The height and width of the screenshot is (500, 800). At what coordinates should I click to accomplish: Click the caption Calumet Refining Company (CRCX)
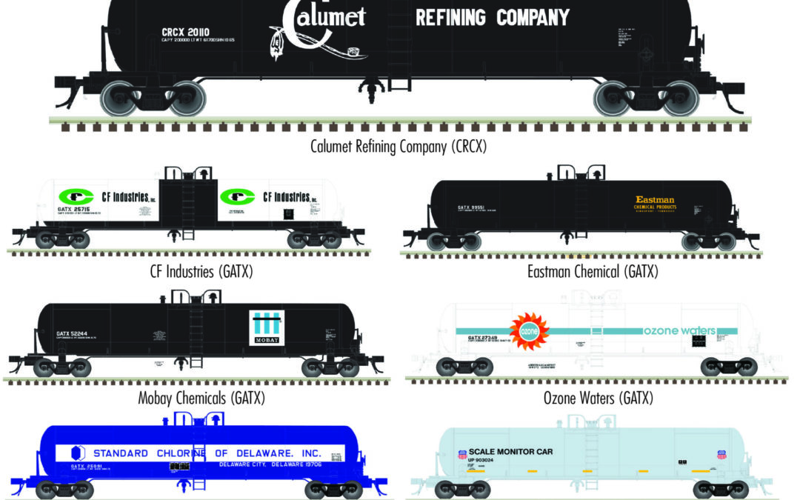[399, 145]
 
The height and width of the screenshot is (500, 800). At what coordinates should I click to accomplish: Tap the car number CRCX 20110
[185, 32]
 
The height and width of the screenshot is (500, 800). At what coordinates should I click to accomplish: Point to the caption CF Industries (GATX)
[201, 271]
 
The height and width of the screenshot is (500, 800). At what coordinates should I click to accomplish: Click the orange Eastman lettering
[655, 200]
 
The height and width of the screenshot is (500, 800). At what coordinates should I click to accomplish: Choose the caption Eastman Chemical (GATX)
[593, 271]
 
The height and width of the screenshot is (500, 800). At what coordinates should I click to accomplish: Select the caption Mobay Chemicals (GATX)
[201, 399]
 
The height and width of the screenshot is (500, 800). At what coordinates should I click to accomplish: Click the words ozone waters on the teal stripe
[679, 330]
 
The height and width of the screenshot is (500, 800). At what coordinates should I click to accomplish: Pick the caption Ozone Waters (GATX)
[599, 399]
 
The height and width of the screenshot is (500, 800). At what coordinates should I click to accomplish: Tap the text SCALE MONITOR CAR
[510, 451]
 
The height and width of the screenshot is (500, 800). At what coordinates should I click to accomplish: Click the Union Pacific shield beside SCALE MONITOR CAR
[463, 453]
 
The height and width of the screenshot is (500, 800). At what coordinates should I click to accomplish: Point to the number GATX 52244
[73, 333]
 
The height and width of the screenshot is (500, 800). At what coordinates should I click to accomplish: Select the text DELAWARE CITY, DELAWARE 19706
[270, 465]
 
